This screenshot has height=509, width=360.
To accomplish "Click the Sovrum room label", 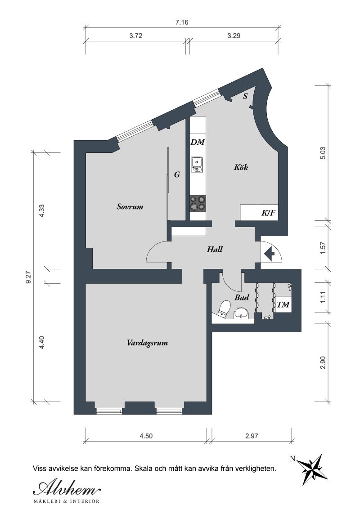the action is pos(130,206).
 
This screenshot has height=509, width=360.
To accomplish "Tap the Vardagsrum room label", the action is pos(148,343).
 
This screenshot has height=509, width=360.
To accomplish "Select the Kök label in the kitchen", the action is pos(241,167).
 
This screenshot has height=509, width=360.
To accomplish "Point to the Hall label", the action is pos(215,249).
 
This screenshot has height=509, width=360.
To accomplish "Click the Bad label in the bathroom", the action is pos(242,297).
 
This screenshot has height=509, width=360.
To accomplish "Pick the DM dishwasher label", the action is pos(198,142).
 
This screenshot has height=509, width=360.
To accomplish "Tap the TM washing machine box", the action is pos(283,304).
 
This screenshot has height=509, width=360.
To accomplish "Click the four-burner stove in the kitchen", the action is pos(198,203).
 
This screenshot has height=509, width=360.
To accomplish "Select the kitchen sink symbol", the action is pos(197,165).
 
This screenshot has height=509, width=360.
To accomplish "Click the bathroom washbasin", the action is pos(241,313).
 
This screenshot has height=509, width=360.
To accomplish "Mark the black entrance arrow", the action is pos(269,254).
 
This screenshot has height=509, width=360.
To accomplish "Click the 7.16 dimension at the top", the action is pos(182,22).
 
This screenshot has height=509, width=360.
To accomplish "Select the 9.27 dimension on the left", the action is pos(28,277).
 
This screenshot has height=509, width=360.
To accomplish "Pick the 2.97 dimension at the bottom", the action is pos(252,436).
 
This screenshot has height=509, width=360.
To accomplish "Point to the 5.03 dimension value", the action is pos(323,153).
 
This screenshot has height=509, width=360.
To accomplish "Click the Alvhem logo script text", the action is pos(67,488).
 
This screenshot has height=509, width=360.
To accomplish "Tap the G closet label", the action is pos(177,174).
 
